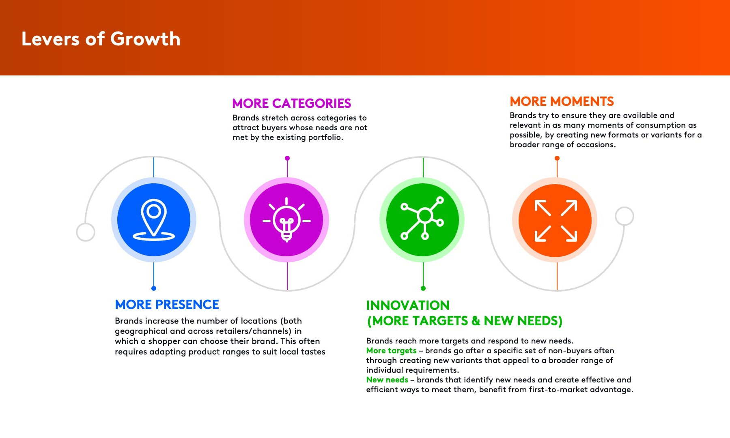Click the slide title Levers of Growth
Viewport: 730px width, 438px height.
tap(101, 39)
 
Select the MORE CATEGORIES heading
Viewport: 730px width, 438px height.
tap(291, 103)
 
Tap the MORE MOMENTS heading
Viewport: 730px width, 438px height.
tap(562, 101)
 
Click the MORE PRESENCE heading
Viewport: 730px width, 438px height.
tap(167, 305)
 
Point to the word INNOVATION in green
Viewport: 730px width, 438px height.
tap(408, 305)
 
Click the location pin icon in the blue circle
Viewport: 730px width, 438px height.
tap(154, 220)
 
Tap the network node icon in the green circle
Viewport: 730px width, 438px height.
tap(422, 218)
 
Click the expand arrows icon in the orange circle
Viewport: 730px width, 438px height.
tap(556, 221)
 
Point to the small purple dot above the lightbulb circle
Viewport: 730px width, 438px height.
tap(287, 158)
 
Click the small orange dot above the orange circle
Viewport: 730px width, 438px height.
tap(557, 158)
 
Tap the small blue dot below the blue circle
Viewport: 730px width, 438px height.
tap(154, 288)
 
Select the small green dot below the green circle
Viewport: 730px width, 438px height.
tap(423, 288)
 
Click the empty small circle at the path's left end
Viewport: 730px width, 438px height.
tap(77, 232)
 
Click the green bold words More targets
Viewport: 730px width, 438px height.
tap(391, 350)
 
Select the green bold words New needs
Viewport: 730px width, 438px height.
tap(387, 380)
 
